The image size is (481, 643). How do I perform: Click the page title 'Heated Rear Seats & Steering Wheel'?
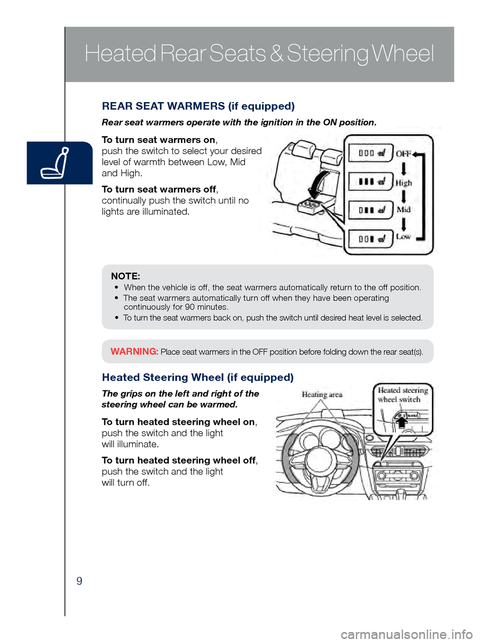[x=259, y=54]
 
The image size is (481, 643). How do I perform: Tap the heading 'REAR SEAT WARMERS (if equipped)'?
[x=198, y=106]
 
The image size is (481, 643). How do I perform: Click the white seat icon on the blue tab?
[x=56, y=163]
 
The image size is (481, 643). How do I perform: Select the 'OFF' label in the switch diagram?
[x=403, y=154]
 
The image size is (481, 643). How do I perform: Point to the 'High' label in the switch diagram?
[x=403, y=183]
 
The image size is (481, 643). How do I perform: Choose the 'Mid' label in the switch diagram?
[x=403, y=209]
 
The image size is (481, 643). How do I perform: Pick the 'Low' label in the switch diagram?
[x=403, y=237]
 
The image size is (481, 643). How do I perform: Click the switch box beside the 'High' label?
[x=370, y=182]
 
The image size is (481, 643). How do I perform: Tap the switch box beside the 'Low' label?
[x=370, y=239]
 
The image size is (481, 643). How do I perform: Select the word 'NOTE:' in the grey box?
[x=125, y=276]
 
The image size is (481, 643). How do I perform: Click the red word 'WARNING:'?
[x=134, y=351]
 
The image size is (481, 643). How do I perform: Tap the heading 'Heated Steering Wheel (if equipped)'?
[x=197, y=377]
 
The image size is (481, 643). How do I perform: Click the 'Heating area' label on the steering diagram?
[x=322, y=394]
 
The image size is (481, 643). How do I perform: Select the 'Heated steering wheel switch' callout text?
[x=403, y=394]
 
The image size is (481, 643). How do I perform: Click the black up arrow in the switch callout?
[x=401, y=422]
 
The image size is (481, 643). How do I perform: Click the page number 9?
[x=79, y=581]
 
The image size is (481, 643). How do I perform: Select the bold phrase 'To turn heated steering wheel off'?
[x=178, y=460]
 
